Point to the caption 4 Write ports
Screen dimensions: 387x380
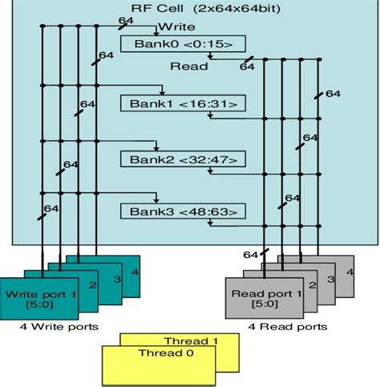tap(53, 327)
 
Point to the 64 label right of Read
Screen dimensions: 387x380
tap(246, 67)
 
